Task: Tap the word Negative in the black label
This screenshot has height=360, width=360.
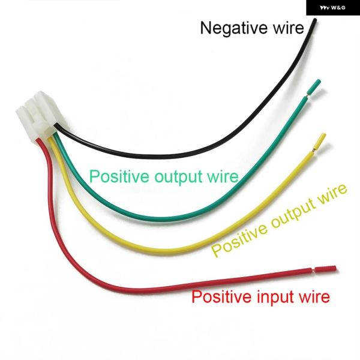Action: click(x=232, y=28)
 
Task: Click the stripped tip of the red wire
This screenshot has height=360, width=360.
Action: click(x=325, y=269)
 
